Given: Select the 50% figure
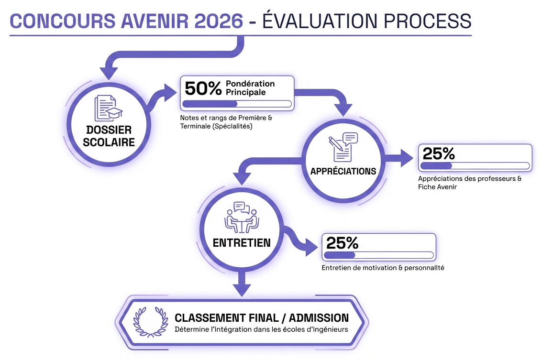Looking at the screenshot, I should (203, 88).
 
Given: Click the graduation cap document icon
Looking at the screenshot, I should (108, 108).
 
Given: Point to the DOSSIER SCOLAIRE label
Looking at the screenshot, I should (109, 136).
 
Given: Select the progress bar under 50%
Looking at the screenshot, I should (237, 104).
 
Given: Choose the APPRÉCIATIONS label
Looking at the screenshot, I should (343, 171).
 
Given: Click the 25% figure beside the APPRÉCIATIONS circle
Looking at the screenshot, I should (439, 154).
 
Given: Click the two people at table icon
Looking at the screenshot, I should (242, 217).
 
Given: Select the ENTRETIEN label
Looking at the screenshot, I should (242, 242).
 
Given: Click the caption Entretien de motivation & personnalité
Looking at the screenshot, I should (383, 268).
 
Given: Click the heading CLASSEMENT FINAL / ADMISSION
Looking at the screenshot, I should (262, 318).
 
